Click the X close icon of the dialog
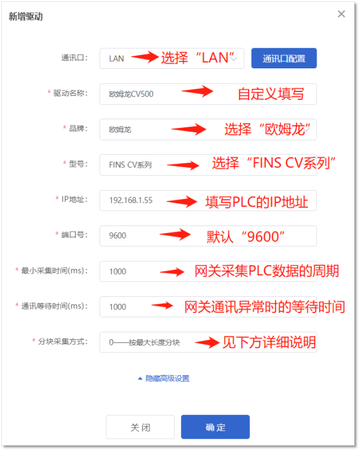341,14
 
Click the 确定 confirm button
215,427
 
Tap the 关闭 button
140,427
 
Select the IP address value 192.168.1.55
131,200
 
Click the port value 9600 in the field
118,235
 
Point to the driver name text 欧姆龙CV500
131,94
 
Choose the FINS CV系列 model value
130,165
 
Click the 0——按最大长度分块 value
144,342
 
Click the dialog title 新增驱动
25,16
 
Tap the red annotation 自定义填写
271,94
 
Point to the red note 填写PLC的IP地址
257,202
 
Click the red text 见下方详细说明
269,342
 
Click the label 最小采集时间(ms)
54,271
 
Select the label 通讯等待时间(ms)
54,306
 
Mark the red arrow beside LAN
145,57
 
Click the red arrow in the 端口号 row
175,234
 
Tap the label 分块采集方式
63,342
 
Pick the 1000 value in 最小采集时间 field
118,271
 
